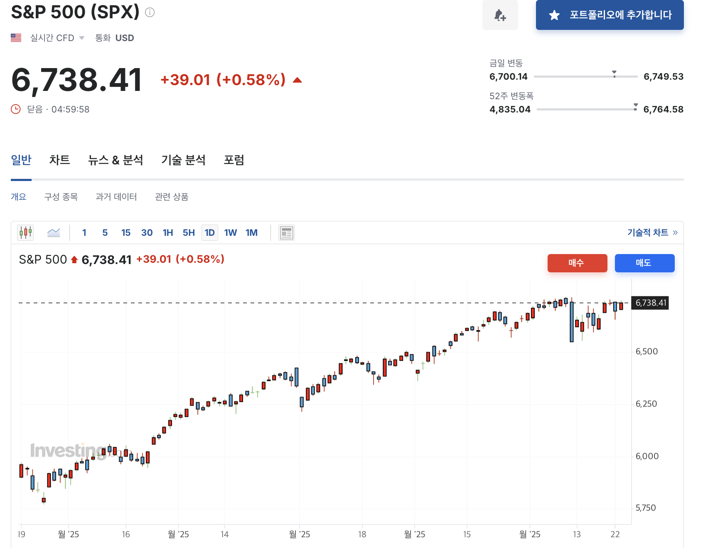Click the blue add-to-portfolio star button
point(610,15)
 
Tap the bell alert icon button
point(500,15)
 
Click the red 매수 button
point(577,263)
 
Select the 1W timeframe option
point(230,233)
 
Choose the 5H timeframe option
point(189,233)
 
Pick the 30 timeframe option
point(147,233)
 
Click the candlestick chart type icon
point(26,233)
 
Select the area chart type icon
point(54,233)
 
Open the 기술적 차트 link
point(652,233)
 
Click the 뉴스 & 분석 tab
point(116,160)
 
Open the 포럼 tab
point(234,160)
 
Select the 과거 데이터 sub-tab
point(116,197)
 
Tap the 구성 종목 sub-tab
point(61,197)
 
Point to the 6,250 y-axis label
point(646,404)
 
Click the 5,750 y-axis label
point(646,508)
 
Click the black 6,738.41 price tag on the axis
point(650,303)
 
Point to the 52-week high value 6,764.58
point(663,110)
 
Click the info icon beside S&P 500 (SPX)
point(150,12)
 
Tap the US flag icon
point(16,38)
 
